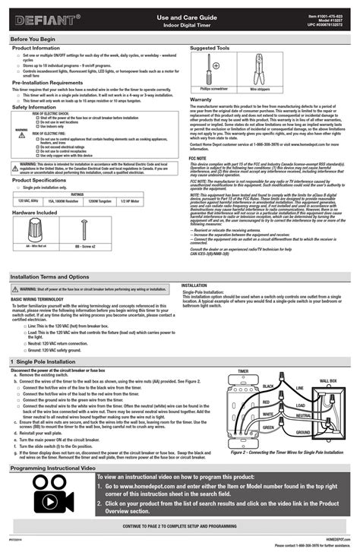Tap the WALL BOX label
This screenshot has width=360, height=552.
pos(328,380)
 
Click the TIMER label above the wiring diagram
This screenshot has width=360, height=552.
pos(244,372)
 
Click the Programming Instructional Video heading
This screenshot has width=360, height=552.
pos(57,468)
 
